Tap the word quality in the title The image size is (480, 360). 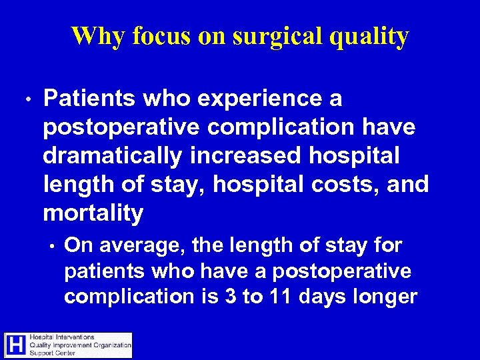371,37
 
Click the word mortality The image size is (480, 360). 93,213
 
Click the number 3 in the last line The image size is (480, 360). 230,296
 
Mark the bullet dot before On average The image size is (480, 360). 51,247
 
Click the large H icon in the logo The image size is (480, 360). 15,345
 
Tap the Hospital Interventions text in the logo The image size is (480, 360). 62,337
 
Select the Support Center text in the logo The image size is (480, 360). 53,353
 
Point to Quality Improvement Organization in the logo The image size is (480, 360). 80,345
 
